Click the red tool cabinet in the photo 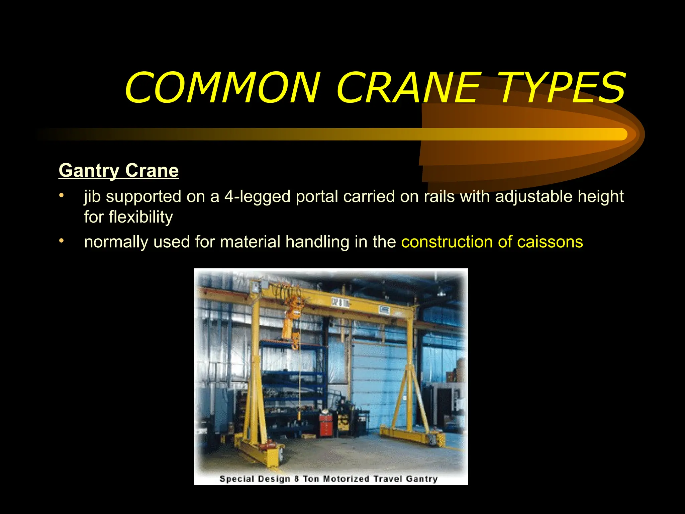325,425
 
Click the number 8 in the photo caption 296,479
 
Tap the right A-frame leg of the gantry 410,385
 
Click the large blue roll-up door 376,378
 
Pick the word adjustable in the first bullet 533,196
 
